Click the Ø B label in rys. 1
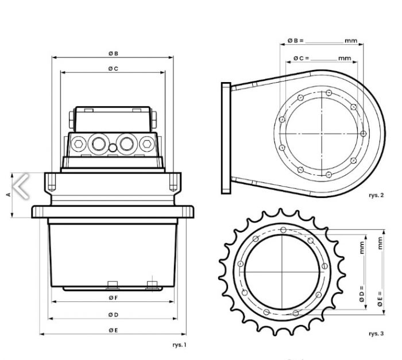pos(113,53)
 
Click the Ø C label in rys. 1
pos(113,69)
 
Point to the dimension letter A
pos(9,195)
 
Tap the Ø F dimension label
pos(113,298)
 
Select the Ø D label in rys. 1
pos(113,315)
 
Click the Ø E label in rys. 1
pos(113,330)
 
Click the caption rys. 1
pos(179,344)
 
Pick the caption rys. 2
pos(376,195)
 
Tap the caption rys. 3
pos(376,333)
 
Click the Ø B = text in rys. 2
pos(295,41)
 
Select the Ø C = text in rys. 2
pos(301,58)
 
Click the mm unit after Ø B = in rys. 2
pos(351,41)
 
